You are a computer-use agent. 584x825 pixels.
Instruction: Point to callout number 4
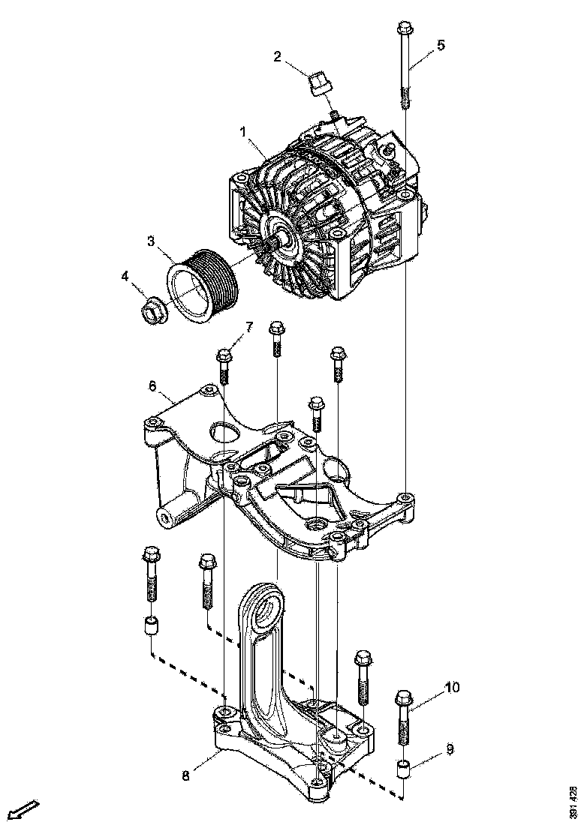click(x=125, y=275)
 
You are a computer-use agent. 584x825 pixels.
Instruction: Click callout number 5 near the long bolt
click(x=441, y=44)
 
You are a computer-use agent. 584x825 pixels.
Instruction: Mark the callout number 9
click(x=450, y=748)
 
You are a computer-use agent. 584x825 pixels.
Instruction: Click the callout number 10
click(x=452, y=687)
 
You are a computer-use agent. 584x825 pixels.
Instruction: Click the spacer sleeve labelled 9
click(x=404, y=768)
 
